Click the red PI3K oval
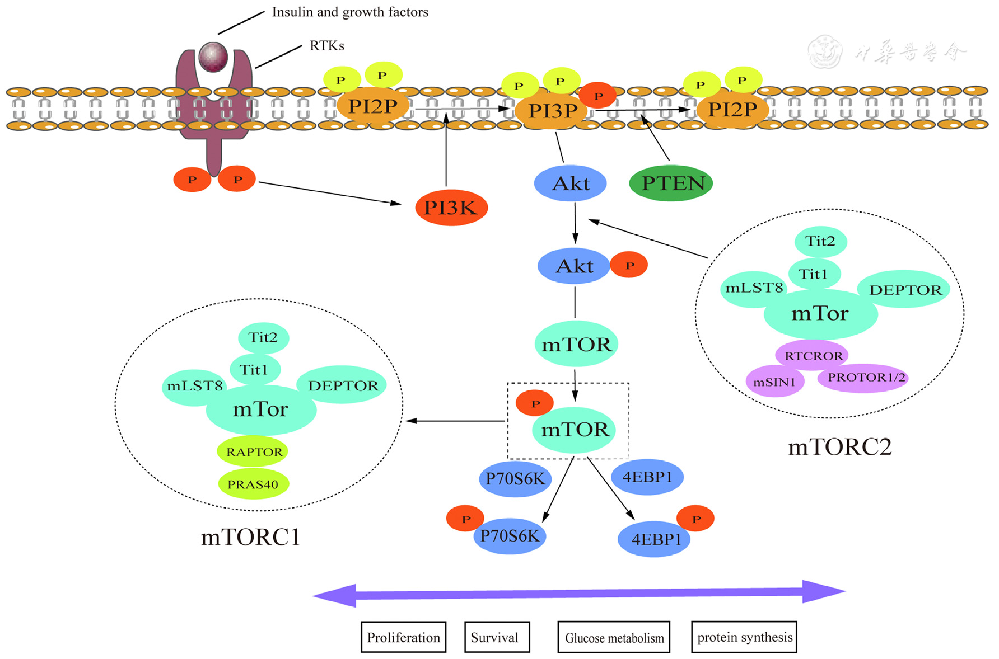(451, 208)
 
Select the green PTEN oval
(671, 183)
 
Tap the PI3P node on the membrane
(552, 111)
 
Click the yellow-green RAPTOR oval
(253, 451)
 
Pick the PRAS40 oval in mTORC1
(253, 484)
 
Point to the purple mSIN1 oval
(775, 382)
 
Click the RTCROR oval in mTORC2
(813, 355)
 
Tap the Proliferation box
(403, 637)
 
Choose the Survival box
(497, 637)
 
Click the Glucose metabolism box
(614, 637)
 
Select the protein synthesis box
(744, 637)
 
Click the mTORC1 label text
(250, 537)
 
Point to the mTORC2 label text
(839, 447)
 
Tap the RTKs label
(327, 45)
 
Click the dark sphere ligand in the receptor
(213, 57)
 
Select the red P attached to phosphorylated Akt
(629, 265)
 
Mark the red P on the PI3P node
(597, 96)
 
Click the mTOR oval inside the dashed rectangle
(575, 429)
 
